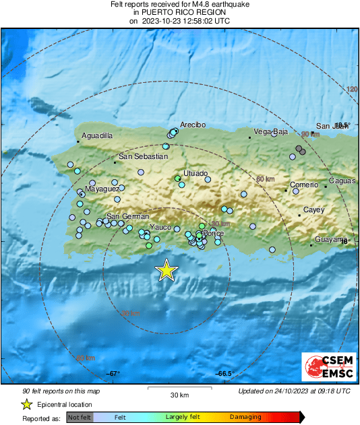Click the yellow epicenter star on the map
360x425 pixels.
pyautogui.click(x=166, y=270)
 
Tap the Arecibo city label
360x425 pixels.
pyautogui.click(x=192, y=125)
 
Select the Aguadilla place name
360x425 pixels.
pyautogui.click(x=97, y=136)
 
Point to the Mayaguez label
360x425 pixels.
pyautogui.click(x=102, y=189)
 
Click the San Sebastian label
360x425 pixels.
pyautogui.click(x=143, y=156)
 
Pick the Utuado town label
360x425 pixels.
pyautogui.click(x=196, y=173)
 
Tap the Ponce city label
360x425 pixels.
pyautogui.click(x=213, y=233)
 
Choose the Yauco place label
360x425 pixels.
pyautogui.click(x=160, y=227)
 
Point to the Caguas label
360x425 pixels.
pyautogui.click(x=342, y=181)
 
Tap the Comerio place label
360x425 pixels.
pyautogui.click(x=303, y=185)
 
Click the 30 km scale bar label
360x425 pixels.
pyautogui.click(x=179, y=395)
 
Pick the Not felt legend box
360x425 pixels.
pyautogui.click(x=79, y=418)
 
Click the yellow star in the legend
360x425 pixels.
pyautogui.click(x=26, y=404)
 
